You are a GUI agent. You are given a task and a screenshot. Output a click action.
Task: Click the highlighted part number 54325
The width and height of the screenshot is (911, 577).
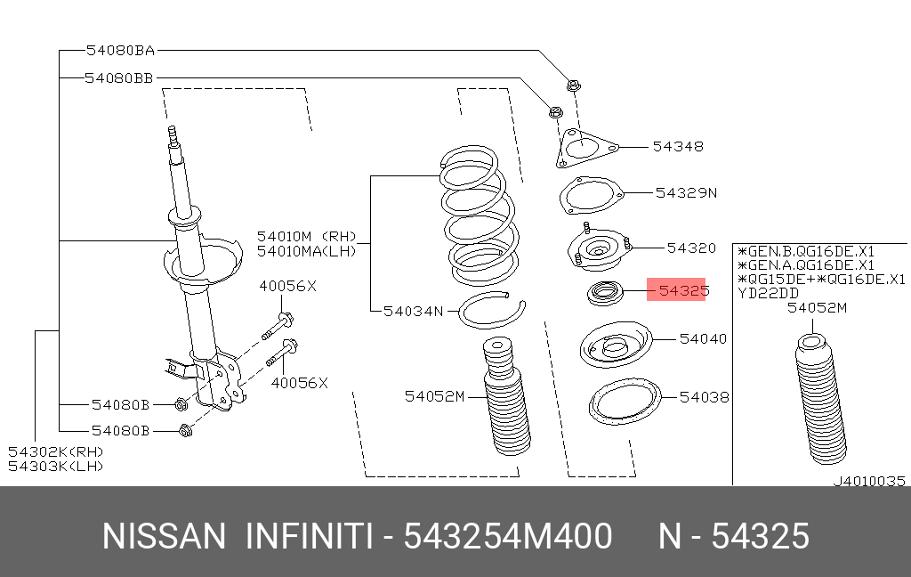pos(682,289)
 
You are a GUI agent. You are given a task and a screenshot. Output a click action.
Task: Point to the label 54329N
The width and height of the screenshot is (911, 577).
pos(685,191)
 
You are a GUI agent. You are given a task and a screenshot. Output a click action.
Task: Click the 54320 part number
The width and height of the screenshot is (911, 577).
pos(690,248)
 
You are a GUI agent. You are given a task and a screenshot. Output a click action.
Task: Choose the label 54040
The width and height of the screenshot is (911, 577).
pos(703,338)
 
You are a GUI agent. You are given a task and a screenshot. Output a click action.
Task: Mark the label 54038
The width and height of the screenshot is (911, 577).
pos(704,397)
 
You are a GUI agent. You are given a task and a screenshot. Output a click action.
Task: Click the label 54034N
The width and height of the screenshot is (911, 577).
pos(413,311)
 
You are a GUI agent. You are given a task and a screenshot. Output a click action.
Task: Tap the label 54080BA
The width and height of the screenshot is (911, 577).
pos(120,51)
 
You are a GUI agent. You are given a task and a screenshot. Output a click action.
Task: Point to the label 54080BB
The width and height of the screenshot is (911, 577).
pos(119,78)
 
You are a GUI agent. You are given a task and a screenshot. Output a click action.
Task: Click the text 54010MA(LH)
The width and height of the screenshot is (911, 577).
pos(306,251)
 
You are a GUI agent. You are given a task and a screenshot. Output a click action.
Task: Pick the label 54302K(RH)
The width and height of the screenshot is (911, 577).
pos(56,452)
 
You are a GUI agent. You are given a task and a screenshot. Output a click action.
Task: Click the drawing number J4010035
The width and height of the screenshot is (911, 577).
pos(868,481)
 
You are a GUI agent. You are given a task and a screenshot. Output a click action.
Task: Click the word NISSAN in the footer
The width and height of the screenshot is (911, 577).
pos(165,537)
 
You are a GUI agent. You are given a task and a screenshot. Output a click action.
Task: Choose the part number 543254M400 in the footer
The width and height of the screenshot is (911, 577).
pos(507,537)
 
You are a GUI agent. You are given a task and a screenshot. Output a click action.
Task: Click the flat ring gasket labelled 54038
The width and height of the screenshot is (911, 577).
pos(624,403)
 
